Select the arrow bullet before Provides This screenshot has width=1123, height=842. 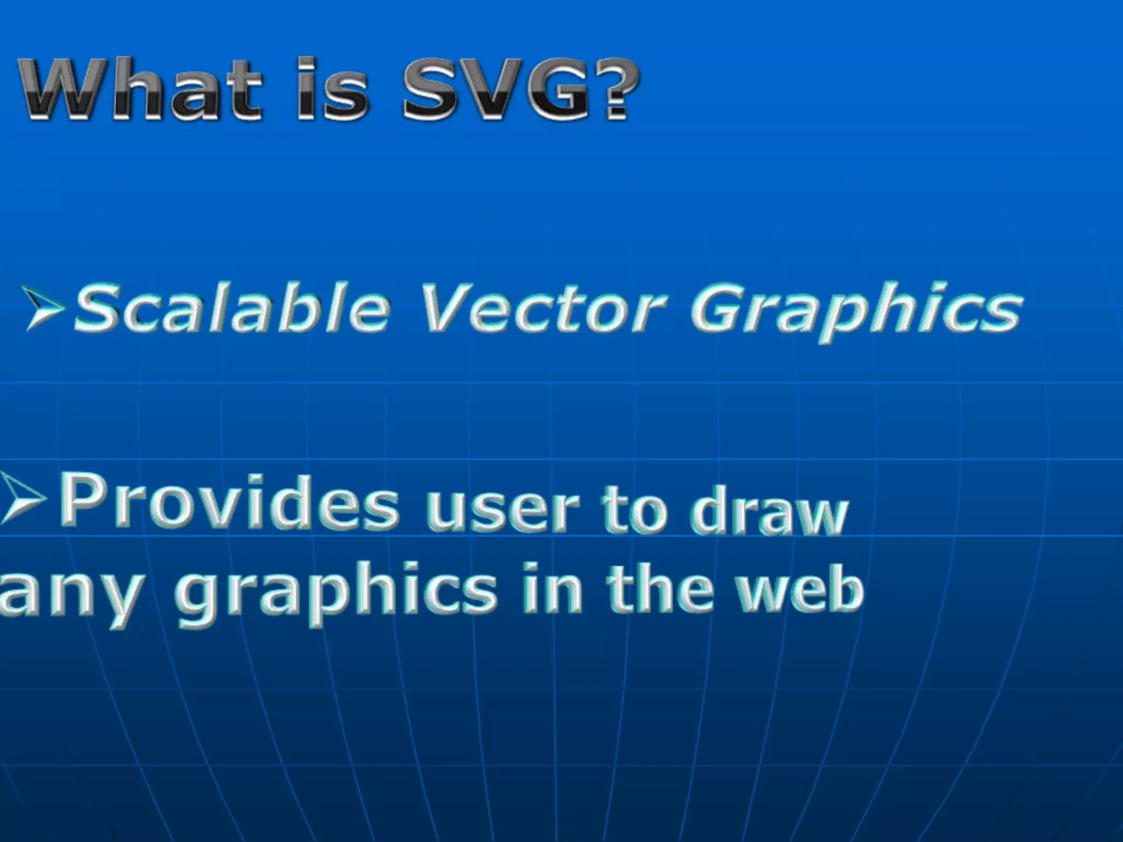[23, 499]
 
